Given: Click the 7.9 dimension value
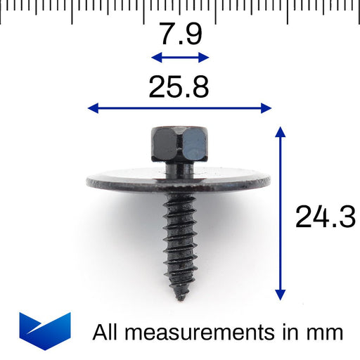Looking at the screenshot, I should click(180, 34).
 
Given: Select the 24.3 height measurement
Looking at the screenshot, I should click(325, 218).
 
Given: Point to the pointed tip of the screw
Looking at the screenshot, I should click(180, 296).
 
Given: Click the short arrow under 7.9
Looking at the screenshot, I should click(180, 58).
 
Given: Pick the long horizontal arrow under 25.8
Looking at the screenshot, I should click(179, 108).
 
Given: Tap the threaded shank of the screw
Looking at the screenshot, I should click(179, 239).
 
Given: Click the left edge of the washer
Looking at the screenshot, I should click(89, 183).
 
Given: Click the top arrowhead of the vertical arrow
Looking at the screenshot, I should click(281, 131).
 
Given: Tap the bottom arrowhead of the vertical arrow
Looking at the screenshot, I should click(281, 295).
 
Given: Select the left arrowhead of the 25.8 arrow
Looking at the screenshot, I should click(91, 108).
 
